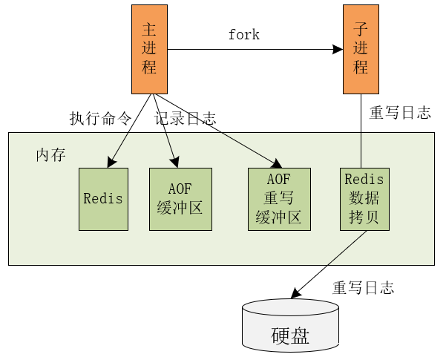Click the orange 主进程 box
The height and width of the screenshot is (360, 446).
tap(149, 49)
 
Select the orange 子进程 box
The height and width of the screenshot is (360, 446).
tap(361, 49)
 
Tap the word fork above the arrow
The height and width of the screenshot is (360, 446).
tap(243, 35)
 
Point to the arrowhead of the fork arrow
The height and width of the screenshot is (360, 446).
tap(337, 50)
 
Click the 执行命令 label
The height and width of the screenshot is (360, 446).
tap(100, 119)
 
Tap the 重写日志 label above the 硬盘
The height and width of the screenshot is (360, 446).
tap(363, 288)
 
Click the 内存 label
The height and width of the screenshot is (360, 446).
tap(50, 155)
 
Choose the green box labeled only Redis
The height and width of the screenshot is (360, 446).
tap(103, 198)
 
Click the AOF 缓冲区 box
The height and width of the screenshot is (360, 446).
tap(180, 198)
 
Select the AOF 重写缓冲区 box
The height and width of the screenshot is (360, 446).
tap(279, 198)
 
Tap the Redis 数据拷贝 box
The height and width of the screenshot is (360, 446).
tap(364, 198)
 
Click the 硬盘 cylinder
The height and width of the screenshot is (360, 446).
tap(290, 327)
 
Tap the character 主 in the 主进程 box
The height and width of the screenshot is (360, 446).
tap(149, 30)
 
